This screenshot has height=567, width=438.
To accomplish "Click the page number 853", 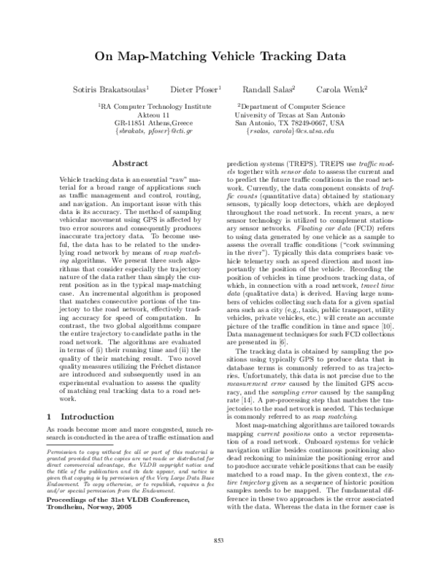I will tap(218, 540).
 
